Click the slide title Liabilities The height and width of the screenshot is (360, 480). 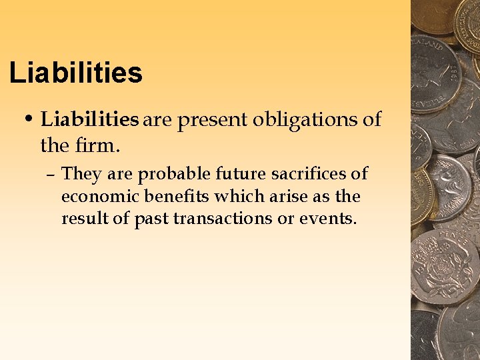coord(76,73)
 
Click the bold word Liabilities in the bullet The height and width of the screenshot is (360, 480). coord(89,120)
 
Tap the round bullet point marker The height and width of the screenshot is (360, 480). coord(29,120)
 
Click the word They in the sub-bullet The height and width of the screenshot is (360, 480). coord(80,175)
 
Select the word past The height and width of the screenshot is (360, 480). coord(152,219)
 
